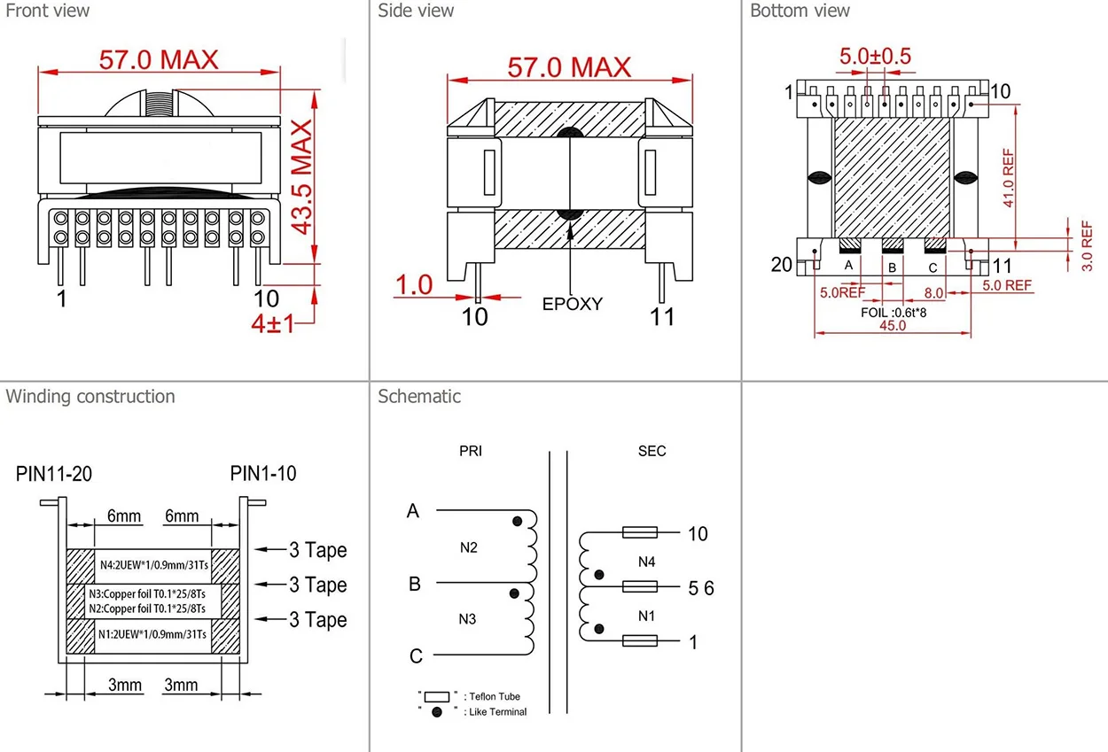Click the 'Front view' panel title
click(x=48, y=12)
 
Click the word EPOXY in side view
click(x=572, y=304)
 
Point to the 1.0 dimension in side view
click(x=414, y=284)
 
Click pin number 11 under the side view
click(x=662, y=316)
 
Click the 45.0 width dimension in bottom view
click(x=892, y=325)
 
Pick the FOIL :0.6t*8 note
click(x=901, y=312)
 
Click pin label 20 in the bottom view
click(x=781, y=264)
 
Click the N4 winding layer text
click(x=153, y=563)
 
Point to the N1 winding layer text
click(x=153, y=633)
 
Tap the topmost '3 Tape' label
click(x=317, y=550)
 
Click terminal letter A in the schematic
click(x=412, y=511)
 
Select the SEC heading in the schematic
click(x=652, y=452)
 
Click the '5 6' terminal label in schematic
click(x=700, y=588)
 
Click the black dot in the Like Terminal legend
click(x=436, y=712)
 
